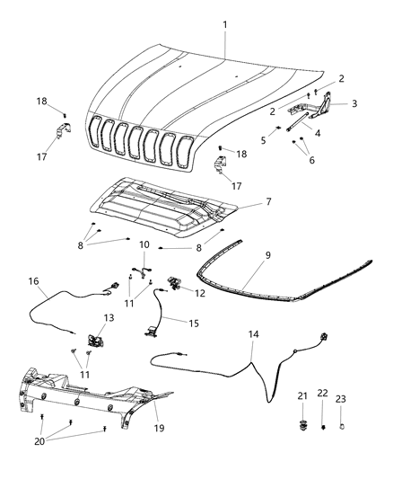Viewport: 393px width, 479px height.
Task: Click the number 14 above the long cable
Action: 255,333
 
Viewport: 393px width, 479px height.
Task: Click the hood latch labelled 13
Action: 93,342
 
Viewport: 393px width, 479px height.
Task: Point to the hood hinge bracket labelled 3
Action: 319,110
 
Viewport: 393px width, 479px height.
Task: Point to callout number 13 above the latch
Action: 108,318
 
